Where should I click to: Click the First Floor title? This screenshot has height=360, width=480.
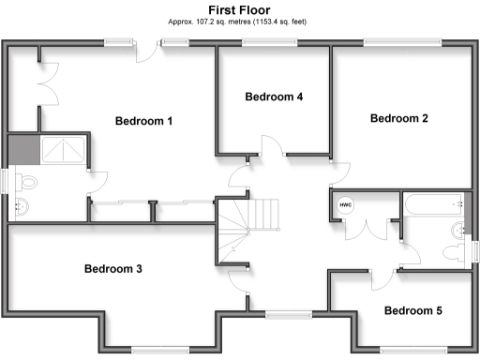pos(240,9)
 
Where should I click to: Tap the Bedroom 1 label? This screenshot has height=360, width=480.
pos(144,121)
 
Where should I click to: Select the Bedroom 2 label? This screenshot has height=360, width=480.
pos(399,118)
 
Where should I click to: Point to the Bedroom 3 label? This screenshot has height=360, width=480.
pos(113,269)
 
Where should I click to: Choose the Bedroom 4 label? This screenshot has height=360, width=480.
pos(274,97)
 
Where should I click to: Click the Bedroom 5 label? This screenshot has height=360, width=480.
pos(413,310)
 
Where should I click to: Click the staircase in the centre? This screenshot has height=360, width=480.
pos(249,225)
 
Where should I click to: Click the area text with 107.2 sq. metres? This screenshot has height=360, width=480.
pos(240,21)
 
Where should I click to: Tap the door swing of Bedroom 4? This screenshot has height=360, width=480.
pos(270,144)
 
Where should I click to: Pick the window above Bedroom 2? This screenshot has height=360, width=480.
pos(402,40)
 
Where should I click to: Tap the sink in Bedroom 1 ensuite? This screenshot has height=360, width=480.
pos(20,207)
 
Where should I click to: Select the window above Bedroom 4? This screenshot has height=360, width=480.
pos(265,40)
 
